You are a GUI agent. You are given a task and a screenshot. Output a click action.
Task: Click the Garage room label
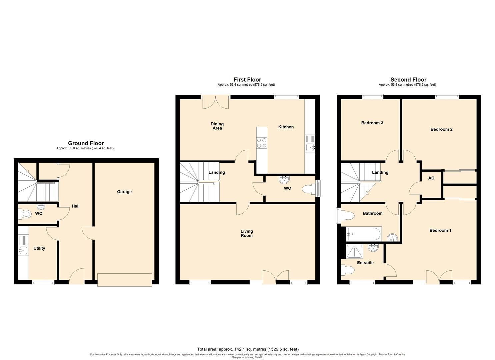(x=124, y=192)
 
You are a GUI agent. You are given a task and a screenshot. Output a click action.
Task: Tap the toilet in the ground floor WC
(x=26, y=213)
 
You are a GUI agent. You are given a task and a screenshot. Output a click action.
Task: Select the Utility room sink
(x=23, y=250)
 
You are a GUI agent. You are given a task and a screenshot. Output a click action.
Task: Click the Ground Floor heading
(x=86, y=143)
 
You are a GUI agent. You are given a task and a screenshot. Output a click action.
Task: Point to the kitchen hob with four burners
(x=261, y=143)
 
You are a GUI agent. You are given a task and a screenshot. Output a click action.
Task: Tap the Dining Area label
(x=217, y=126)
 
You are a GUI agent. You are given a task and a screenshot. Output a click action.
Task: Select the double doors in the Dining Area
(x=216, y=102)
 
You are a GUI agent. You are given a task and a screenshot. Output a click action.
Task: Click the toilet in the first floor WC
(x=308, y=190)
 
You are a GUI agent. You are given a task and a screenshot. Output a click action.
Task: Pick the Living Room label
(x=247, y=233)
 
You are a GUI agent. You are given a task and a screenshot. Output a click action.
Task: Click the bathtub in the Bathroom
(x=364, y=234)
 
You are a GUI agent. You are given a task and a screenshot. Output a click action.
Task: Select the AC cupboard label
(x=431, y=178)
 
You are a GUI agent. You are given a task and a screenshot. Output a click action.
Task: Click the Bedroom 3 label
(x=372, y=123)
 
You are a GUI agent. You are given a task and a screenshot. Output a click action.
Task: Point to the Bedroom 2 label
(x=441, y=129)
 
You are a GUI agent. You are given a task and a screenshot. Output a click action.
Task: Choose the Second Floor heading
(x=408, y=80)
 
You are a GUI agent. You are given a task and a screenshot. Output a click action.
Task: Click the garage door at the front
(x=125, y=279)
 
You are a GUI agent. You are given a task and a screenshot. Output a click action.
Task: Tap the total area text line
(x=248, y=349)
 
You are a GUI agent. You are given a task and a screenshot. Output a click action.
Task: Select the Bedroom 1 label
(x=440, y=230)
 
